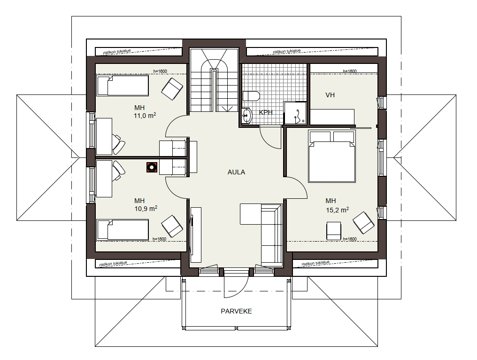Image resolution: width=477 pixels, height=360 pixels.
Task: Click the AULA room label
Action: pyautogui.click(x=236, y=172)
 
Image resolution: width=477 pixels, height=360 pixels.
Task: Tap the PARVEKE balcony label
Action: pyautogui.click(x=236, y=311)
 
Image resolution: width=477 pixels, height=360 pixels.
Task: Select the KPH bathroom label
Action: pyautogui.click(x=266, y=112)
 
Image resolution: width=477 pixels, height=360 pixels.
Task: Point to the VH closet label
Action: pyautogui.click(x=330, y=95)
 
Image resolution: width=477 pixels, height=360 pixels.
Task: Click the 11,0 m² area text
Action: pyautogui.click(x=145, y=116)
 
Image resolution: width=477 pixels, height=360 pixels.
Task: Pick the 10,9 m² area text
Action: pyautogui.click(x=146, y=209)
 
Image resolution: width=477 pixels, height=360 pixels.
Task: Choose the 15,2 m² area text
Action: pyautogui.click(x=338, y=210)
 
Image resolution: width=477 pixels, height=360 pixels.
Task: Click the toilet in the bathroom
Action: pyautogui.click(x=251, y=96)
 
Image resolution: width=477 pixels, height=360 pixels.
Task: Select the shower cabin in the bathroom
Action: pyautogui.click(x=295, y=113)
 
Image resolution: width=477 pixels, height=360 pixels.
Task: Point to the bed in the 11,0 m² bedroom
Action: pyautogui.click(x=123, y=86)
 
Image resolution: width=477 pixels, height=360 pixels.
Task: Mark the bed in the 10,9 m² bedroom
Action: pyautogui.click(x=123, y=229)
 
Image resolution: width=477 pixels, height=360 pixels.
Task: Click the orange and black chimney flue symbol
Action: pyautogui.click(x=152, y=167)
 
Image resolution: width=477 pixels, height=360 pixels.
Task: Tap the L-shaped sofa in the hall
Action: pyautogui.click(x=262, y=233)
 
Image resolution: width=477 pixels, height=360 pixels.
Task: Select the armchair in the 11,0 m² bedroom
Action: pyautogui.click(x=172, y=89)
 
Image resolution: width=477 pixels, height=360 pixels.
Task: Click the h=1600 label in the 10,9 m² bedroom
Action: pyautogui.click(x=160, y=239)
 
